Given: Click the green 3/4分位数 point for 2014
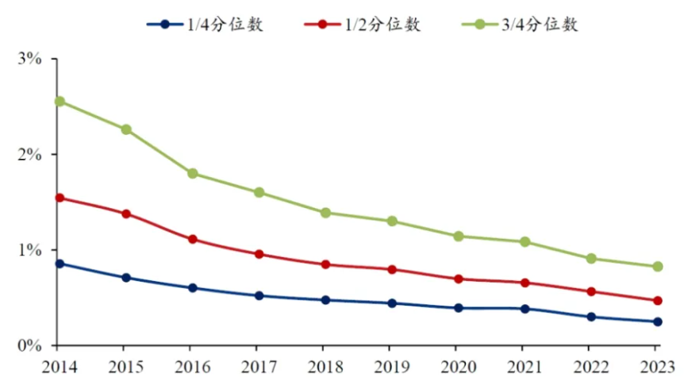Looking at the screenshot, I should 60,102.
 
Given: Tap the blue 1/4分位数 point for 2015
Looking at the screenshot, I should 126,278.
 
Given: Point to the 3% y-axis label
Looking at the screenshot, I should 31,60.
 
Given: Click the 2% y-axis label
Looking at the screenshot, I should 31,155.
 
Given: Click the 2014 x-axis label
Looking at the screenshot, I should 60,368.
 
